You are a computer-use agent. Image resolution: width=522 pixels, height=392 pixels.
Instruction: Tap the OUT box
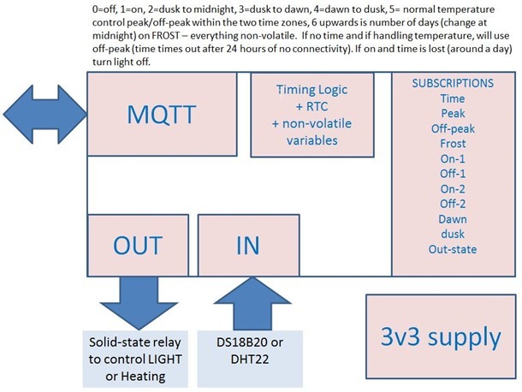137,245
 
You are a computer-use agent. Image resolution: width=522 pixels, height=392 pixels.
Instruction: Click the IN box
246,245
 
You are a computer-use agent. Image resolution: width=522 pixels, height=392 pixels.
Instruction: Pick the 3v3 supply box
442,335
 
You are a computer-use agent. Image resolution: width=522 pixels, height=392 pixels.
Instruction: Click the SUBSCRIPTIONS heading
453,84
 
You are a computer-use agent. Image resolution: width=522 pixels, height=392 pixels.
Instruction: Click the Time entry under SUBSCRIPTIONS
453,99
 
